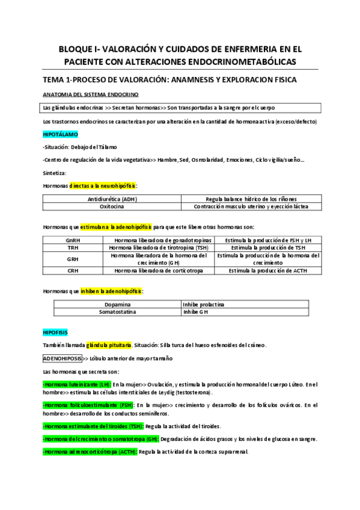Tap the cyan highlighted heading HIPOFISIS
click(x=55, y=332)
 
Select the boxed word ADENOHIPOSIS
click(x=63, y=358)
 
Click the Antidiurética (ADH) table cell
click(x=112, y=198)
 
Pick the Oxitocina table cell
click(x=112, y=206)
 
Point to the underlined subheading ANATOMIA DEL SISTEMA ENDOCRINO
click(x=91, y=94)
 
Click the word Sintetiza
click(x=55, y=172)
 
